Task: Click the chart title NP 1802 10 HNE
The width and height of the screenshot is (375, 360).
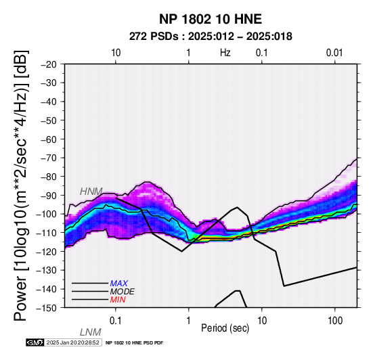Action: pos(211,19)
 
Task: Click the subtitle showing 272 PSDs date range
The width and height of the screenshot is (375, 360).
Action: pos(211,37)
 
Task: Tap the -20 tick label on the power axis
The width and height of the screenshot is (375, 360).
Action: pos(49,64)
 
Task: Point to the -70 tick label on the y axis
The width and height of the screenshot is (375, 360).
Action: pos(49,158)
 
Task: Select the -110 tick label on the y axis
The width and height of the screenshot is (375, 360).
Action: pos(47,233)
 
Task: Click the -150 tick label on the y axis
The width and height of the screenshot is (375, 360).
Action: pos(47,308)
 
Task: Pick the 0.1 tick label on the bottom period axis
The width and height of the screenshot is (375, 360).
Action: pos(116,320)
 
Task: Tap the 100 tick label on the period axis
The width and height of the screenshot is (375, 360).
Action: pos(335,320)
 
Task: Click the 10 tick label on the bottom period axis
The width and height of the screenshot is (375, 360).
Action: pos(262,320)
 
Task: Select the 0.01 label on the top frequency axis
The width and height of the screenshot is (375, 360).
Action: pos(334,53)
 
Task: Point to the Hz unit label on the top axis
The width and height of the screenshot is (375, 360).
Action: pos(225,53)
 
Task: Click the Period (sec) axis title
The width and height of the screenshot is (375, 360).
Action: pos(225,328)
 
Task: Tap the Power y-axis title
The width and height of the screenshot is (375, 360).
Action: pos(21,185)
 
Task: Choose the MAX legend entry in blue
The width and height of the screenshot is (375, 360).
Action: pos(119,284)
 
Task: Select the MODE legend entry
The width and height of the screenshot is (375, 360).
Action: pos(123,292)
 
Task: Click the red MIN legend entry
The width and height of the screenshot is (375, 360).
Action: pos(118,300)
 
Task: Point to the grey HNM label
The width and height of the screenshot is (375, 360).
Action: pos(91,192)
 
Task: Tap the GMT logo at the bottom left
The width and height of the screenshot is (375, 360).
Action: pos(35,342)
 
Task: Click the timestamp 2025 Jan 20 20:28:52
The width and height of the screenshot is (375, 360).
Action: pos(72,342)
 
